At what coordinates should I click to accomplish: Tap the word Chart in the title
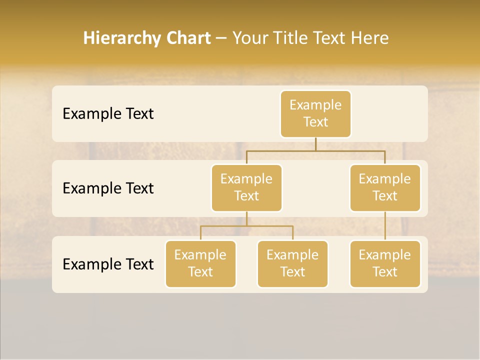pos(185,38)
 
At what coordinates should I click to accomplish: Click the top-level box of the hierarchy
pos(315,113)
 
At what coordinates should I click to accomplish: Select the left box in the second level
pos(246,187)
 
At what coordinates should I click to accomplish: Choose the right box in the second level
pos(385,187)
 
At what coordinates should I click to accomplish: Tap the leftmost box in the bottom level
pos(200,263)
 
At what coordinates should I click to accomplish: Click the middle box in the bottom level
pos(292,263)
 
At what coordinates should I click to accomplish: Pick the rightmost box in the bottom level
pos(385,263)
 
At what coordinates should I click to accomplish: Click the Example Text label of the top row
pos(108,113)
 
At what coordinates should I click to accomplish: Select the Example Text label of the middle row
pos(108,188)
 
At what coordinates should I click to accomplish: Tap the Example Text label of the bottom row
pos(108,264)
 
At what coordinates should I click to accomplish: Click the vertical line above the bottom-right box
pos(385,226)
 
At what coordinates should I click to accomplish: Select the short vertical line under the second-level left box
pos(246,218)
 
